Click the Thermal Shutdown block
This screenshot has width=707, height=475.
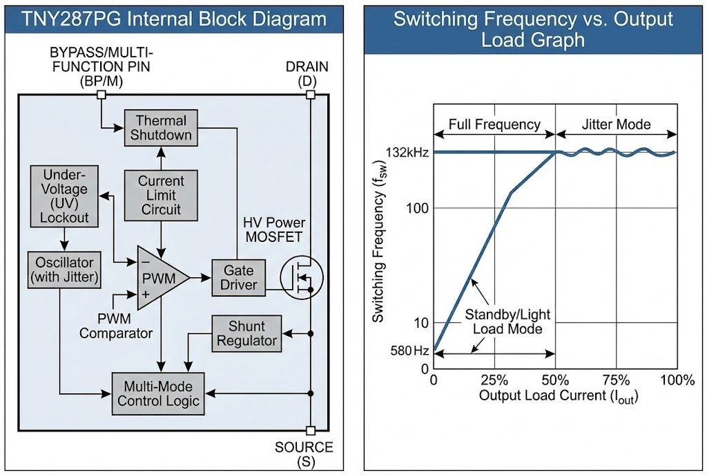[161, 127]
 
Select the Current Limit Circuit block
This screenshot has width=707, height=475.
[160, 195]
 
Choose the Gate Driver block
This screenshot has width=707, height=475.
[238, 277]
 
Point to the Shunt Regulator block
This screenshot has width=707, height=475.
[246, 333]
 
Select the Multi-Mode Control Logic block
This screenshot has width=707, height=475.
[158, 393]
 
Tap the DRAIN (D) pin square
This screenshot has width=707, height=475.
[310, 95]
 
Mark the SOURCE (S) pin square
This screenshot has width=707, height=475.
[310, 430]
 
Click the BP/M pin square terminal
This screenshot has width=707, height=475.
[101, 95]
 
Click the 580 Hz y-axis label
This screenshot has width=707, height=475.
[411, 351]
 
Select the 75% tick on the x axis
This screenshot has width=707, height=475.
[616, 380]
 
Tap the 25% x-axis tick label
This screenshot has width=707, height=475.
[494, 380]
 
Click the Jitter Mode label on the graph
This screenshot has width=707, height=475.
[616, 124]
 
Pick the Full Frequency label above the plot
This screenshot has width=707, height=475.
[494, 124]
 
